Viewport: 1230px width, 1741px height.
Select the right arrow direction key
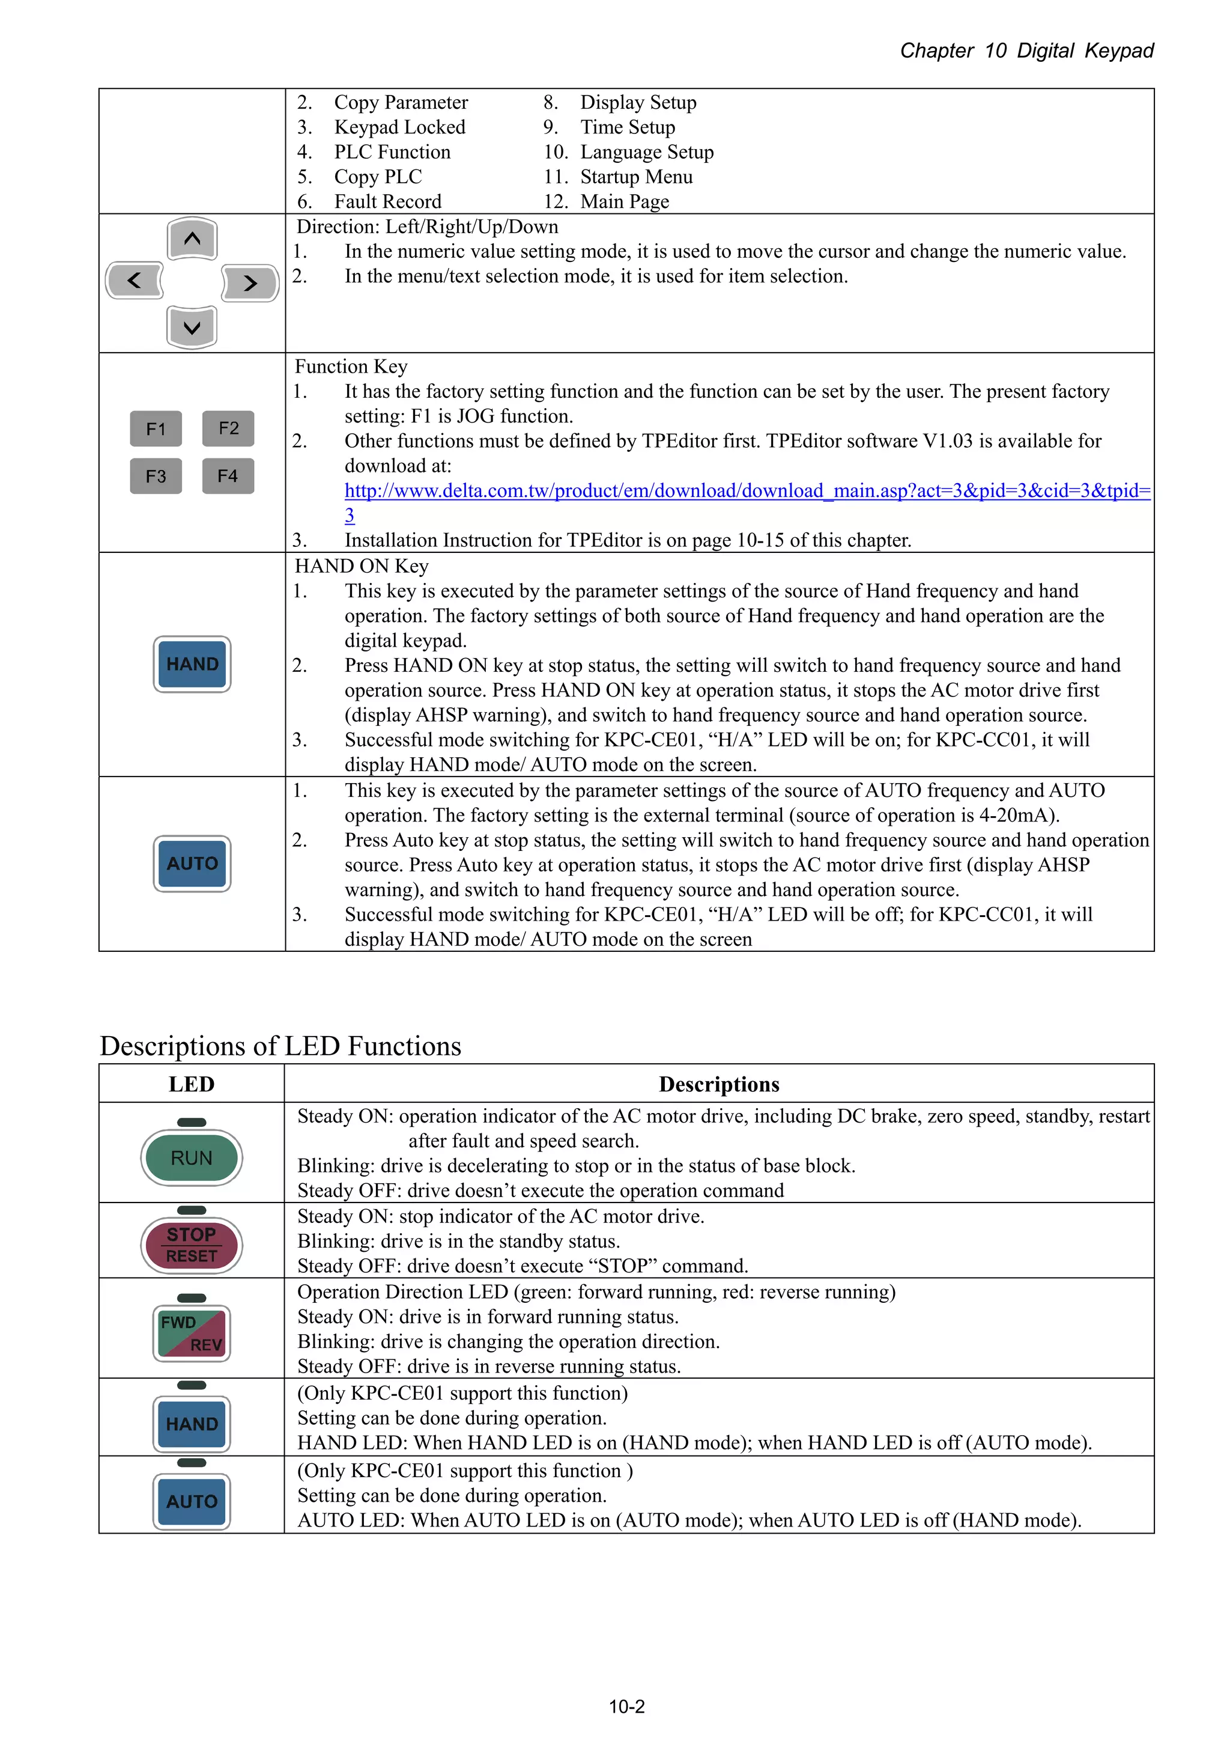pyautogui.click(x=250, y=283)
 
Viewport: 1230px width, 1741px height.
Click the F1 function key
pyautogui.click(x=156, y=429)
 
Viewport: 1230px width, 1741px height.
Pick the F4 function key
pyautogui.click(x=228, y=476)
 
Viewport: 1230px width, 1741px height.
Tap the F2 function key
pyautogui.click(x=228, y=428)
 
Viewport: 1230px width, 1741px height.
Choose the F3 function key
pyautogui.click(x=156, y=476)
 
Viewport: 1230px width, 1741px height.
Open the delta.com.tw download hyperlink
pyautogui.click(x=747, y=490)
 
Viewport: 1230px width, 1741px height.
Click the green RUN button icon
pyautogui.click(x=192, y=1158)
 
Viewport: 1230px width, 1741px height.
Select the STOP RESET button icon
pyautogui.click(x=192, y=1245)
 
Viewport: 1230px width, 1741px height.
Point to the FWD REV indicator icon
pyautogui.click(x=192, y=1333)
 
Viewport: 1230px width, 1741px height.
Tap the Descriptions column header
pyautogui.click(x=718, y=1084)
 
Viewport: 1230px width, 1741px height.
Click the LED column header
pyautogui.click(x=191, y=1084)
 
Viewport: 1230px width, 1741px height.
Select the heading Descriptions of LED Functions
pyautogui.click(x=280, y=1046)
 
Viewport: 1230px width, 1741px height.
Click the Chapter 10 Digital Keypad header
pyautogui.click(x=1026, y=51)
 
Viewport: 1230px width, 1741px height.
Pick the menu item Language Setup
pyautogui.click(x=646, y=153)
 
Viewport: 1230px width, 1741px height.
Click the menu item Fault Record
pyautogui.click(x=387, y=202)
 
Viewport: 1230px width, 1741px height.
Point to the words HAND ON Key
pyautogui.click(x=362, y=567)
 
